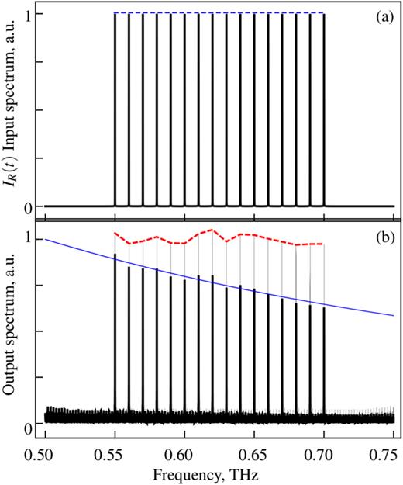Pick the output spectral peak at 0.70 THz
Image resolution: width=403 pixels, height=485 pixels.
pos(323,357)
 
